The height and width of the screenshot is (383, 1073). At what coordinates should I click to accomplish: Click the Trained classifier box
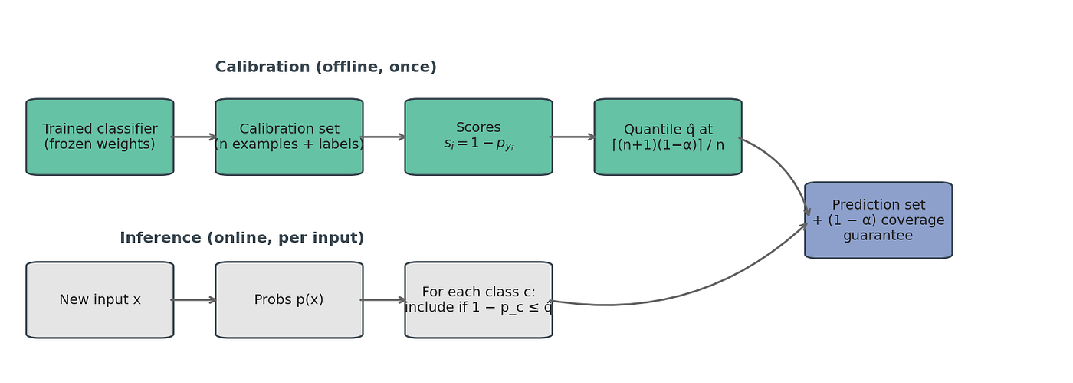[x=100, y=137]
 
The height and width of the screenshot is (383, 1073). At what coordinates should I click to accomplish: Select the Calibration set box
[x=290, y=137]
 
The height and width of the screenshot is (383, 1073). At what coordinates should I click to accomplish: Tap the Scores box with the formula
[x=478, y=137]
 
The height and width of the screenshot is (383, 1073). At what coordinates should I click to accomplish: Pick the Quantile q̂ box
[x=668, y=137]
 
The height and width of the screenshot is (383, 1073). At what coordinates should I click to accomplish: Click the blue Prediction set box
[x=878, y=220]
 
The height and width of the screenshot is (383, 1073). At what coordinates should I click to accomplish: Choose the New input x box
[x=100, y=300]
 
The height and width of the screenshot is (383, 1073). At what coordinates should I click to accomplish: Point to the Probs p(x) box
[x=290, y=300]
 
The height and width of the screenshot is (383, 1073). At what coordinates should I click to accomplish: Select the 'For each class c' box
[x=478, y=300]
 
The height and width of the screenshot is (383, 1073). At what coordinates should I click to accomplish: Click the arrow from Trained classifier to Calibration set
[x=194, y=137]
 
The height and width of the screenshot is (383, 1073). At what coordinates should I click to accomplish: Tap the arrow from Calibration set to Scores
[x=383, y=137]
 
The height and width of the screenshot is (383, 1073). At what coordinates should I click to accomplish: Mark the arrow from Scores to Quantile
[x=573, y=137]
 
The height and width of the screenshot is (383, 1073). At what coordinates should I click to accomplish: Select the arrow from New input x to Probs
[x=194, y=300]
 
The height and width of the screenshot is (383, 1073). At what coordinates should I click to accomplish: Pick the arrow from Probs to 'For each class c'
[x=383, y=300]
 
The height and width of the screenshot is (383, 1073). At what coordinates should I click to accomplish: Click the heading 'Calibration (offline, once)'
[x=326, y=67]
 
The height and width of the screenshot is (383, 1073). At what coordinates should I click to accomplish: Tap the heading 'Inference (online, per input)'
[x=242, y=238]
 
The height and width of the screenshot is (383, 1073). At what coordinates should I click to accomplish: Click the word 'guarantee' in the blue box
[x=878, y=236]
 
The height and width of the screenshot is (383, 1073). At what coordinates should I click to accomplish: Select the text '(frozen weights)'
[x=100, y=144]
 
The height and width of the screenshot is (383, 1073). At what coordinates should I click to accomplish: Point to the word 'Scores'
[x=478, y=127]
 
